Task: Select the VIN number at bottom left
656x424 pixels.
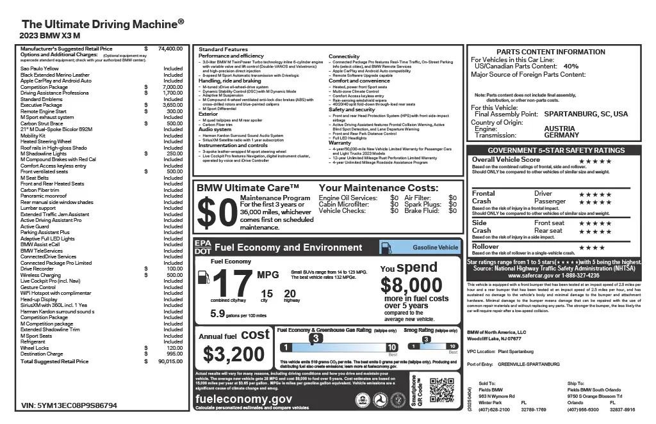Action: tap(69, 405)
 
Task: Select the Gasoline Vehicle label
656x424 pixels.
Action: tap(434, 247)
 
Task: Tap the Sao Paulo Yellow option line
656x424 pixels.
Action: tap(40, 68)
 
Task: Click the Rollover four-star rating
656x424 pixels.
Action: tap(591, 247)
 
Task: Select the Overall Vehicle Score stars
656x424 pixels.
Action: tap(594, 161)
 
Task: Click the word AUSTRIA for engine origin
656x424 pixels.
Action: tap(559, 129)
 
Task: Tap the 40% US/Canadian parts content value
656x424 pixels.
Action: tap(570, 66)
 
